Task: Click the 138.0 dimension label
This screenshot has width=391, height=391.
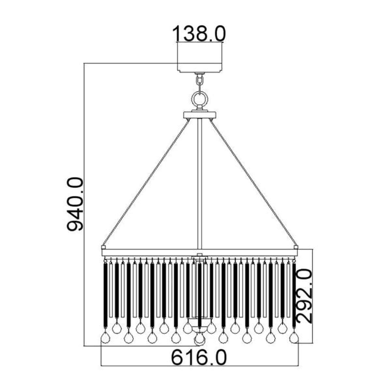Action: [x=199, y=34]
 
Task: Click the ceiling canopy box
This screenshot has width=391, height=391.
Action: [x=200, y=57]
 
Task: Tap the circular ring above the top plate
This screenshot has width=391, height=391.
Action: [x=200, y=99]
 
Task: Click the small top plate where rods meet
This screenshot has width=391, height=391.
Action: [x=200, y=115]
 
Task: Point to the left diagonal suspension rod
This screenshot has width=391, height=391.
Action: [x=146, y=182]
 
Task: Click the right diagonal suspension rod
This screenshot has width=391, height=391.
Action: [x=253, y=182]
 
